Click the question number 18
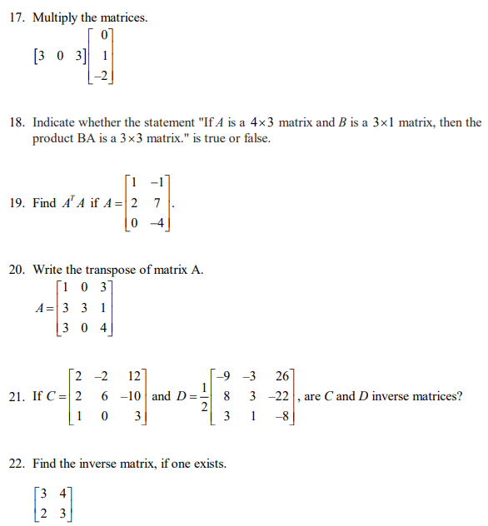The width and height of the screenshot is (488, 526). (17, 122)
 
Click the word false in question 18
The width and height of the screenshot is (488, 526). (254, 138)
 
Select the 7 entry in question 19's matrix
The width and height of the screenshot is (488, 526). (157, 203)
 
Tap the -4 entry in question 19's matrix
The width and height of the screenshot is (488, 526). (154, 222)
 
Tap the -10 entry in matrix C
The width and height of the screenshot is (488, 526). (133, 397)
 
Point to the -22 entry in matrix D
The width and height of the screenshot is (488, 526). (280, 397)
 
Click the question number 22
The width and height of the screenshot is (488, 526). (17, 464)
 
